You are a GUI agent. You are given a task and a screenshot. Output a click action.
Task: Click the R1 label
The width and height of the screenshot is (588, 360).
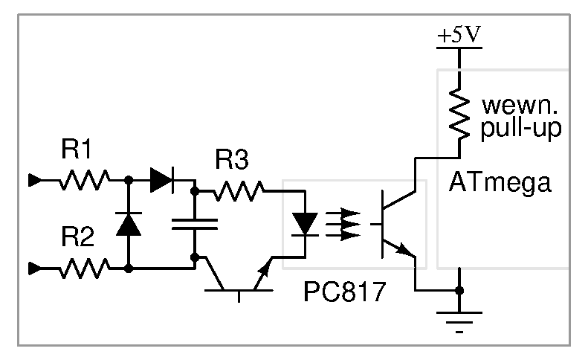76,149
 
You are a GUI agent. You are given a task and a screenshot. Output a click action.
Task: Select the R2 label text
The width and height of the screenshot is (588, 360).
77,237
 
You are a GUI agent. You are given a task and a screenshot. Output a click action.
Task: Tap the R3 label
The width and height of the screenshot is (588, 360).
232,159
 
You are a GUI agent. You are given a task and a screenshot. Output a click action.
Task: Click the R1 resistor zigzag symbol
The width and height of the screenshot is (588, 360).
85,180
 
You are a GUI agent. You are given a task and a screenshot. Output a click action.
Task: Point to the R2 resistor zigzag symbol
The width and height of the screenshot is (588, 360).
85,269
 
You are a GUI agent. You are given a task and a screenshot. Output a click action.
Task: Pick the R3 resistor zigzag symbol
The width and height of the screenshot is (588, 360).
239,191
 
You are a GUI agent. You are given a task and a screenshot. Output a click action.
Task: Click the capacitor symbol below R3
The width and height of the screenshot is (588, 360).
195,224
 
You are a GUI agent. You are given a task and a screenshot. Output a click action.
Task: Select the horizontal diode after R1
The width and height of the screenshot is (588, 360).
162,180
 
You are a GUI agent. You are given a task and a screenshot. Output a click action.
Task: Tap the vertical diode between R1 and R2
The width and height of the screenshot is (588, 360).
129,224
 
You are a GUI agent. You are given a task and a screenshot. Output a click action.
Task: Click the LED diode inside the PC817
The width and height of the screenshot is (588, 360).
305,224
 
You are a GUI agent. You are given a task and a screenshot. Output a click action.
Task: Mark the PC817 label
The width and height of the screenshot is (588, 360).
345,292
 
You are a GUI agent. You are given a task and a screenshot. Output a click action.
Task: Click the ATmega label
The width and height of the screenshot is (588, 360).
500,183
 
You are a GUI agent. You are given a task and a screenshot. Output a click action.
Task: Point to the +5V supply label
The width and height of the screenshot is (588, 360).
459,35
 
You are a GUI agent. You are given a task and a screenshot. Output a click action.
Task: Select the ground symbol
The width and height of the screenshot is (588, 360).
459,322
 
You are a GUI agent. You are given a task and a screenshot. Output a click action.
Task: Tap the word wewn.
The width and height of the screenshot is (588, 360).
520,106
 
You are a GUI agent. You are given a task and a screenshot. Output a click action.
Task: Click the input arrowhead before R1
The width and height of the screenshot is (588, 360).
35,180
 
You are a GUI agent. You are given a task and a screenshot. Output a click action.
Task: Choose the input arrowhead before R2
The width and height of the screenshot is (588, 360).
35,269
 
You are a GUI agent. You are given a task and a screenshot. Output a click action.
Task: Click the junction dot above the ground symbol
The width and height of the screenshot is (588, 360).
459,290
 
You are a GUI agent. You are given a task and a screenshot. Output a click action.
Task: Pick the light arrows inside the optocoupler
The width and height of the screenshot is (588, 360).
343,225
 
